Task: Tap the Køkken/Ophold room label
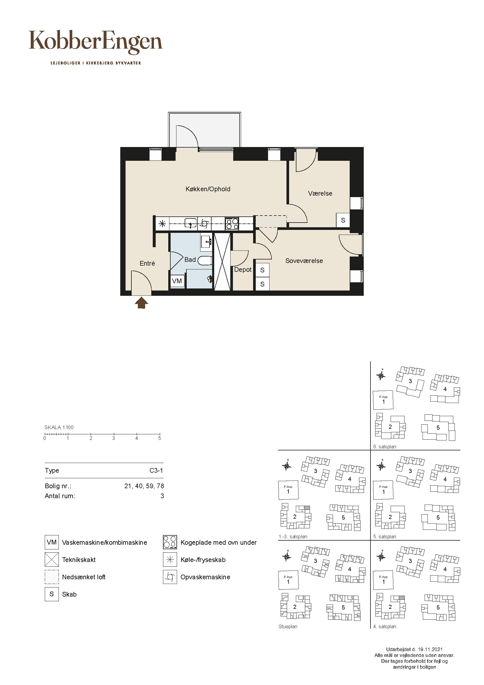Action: pyautogui.click(x=208, y=189)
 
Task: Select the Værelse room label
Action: pyautogui.click(x=320, y=193)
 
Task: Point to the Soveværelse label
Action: pyautogui.click(x=304, y=261)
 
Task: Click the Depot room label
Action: pyautogui.click(x=243, y=270)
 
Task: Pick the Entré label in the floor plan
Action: pyautogui.click(x=147, y=264)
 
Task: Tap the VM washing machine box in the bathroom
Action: pyautogui.click(x=177, y=281)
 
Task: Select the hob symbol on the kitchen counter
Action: pyautogui.click(x=232, y=223)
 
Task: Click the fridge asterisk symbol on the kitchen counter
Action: pyautogui.click(x=162, y=223)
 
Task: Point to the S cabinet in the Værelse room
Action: pyautogui.click(x=343, y=220)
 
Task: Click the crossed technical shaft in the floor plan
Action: pyautogui.click(x=223, y=262)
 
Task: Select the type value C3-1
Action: pyautogui.click(x=156, y=471)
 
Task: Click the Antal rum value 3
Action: pyautogui.click(x=162, y=496)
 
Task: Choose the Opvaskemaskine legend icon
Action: pyautogui.click(x=170, y=577)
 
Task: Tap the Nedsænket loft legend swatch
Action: pyautogui.click(x=52, y=577)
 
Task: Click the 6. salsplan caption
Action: pyautogui.click(x=385, y=447)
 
